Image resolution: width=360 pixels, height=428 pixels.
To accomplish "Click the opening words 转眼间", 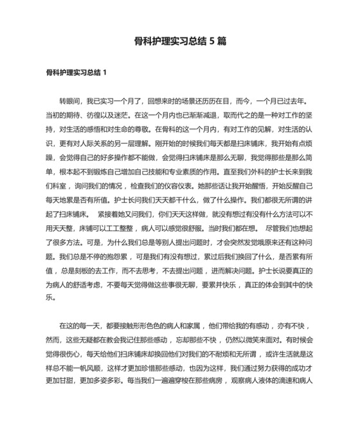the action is pos(70,102).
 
